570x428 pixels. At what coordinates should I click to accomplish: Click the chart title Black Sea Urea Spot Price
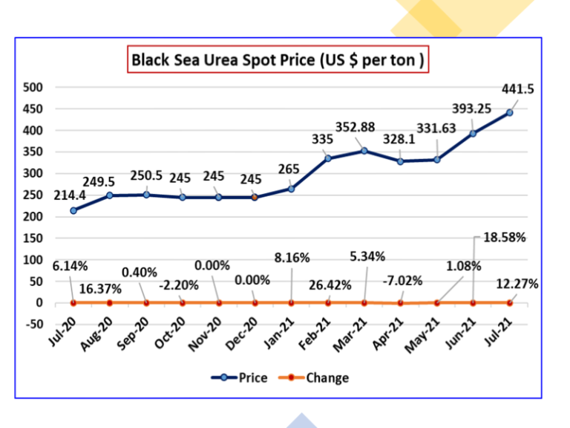pyautogui.click(x=278, y=59)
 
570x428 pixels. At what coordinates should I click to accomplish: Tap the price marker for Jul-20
pyautogui.click(x=73, y=210)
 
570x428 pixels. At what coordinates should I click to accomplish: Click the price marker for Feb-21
pyautogui.click(x=327, y=158)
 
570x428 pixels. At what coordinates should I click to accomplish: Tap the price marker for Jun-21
pyautogui.click(x=473, y=133)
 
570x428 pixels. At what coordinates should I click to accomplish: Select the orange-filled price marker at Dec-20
pyautogui.click(x=255, y=197)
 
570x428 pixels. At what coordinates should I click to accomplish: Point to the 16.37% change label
pyautogui.click(x=100, y=287)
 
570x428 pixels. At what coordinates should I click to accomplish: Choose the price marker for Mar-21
pyautogui.click(x=364, y=151)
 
